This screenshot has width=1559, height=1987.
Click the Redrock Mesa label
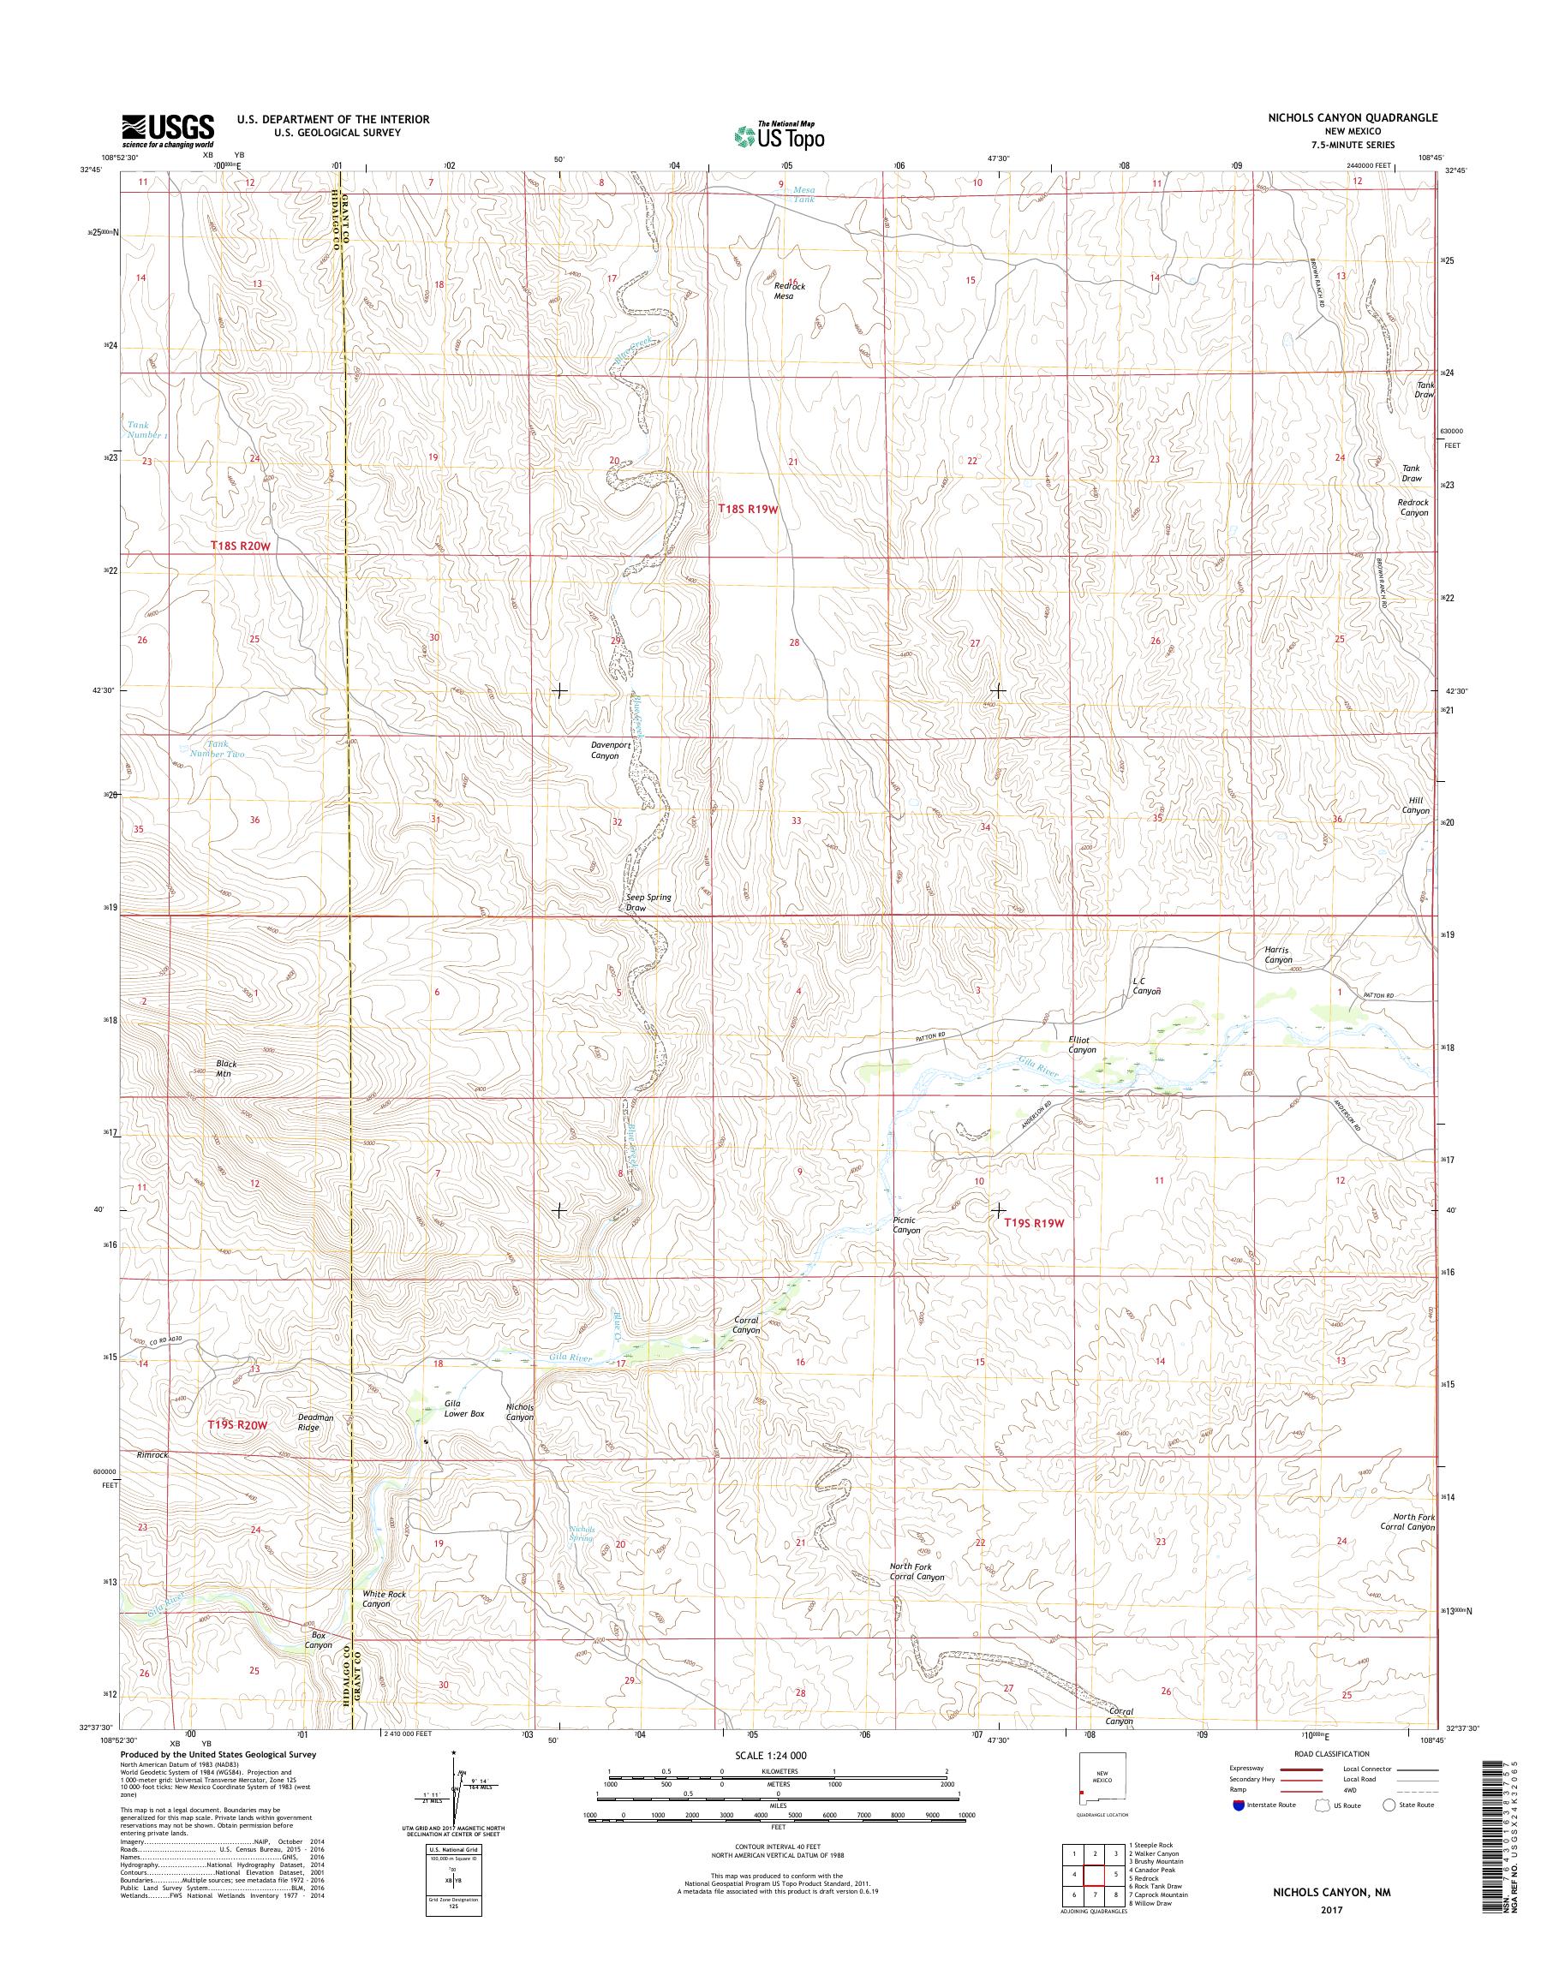(x=790, y=290)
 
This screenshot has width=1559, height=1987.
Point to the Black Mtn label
(x=224, y=1068)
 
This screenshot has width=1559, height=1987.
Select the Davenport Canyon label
(x=611, y=750)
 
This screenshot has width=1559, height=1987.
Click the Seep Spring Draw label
(x=648, y=903)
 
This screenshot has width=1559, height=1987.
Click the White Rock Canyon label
(x=384, y=1598)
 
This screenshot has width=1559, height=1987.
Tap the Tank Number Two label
(x=212, y=749)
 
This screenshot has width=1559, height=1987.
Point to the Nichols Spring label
(x=582, y=1533)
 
